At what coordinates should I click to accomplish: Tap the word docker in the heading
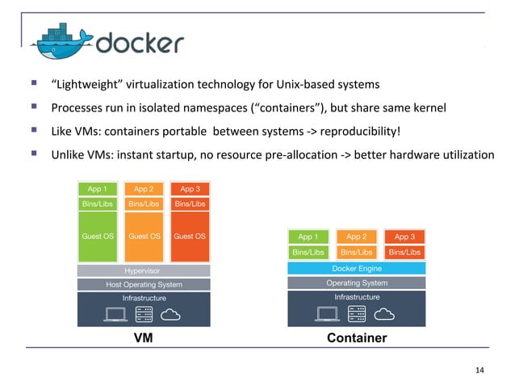point(140,42)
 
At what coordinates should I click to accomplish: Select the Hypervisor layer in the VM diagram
point(144,271)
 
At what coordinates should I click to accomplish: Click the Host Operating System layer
point(144,284)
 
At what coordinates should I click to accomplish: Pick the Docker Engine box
point(356,268)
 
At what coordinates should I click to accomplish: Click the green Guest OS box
point(98,237)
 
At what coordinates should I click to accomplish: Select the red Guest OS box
point(190,237)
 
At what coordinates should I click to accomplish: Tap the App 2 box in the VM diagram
point(144,189)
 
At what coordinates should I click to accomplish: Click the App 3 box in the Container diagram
point(404,237)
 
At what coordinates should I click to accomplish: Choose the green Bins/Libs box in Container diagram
point(308,253)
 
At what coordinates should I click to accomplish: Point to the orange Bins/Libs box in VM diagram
point(144,204)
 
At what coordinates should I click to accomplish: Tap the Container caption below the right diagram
point(356,338)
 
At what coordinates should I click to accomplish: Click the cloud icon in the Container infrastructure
point(384,313)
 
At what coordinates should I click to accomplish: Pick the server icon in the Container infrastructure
point(356,313)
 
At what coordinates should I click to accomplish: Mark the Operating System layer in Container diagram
point(356,283)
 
